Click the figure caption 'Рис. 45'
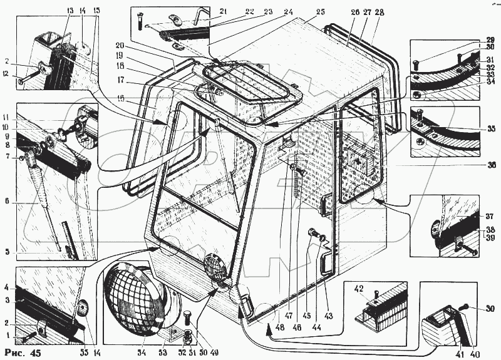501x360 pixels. tap(24, 353)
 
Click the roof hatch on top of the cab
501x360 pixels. tap(250, 88)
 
